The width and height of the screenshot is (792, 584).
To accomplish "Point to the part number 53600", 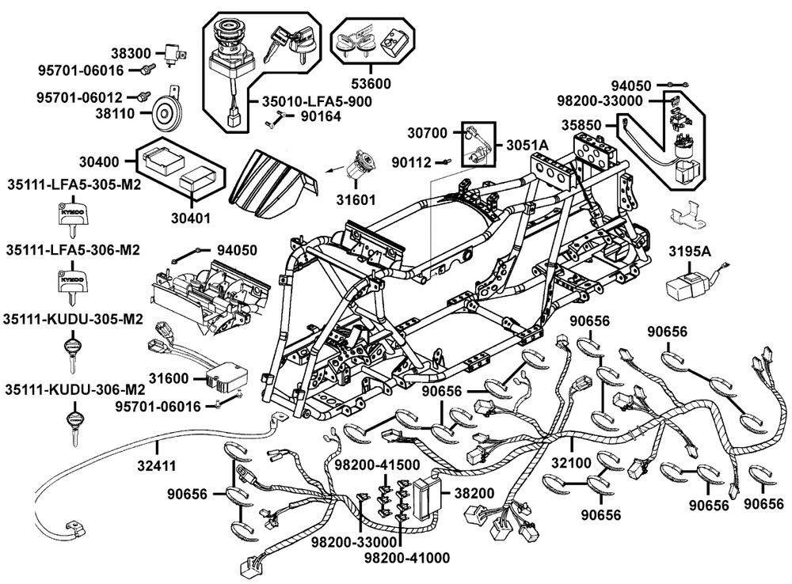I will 370,82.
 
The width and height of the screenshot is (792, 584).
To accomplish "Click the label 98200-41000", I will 402,559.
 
